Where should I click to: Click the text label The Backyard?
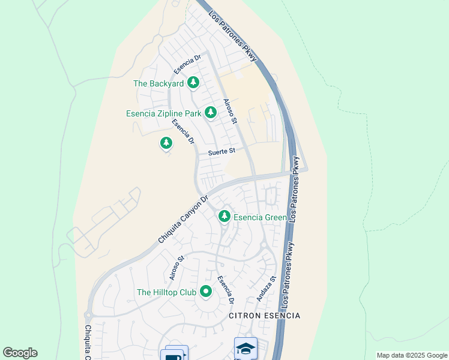coord(158,83)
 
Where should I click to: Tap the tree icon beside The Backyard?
coord(193,83)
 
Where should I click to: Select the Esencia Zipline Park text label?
coord(163,113)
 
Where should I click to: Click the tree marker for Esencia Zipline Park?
coord(210,112)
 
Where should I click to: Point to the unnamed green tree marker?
coord(166,143)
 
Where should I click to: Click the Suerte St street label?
coord(221,152)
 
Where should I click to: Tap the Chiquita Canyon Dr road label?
coord(182,219)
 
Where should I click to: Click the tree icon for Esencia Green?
coord(224,215)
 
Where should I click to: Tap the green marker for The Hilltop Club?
coord(206,292)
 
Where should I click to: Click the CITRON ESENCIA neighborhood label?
coord(264,316)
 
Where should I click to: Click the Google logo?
coord(20,353)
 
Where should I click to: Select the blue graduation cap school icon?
coord(246,348)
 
